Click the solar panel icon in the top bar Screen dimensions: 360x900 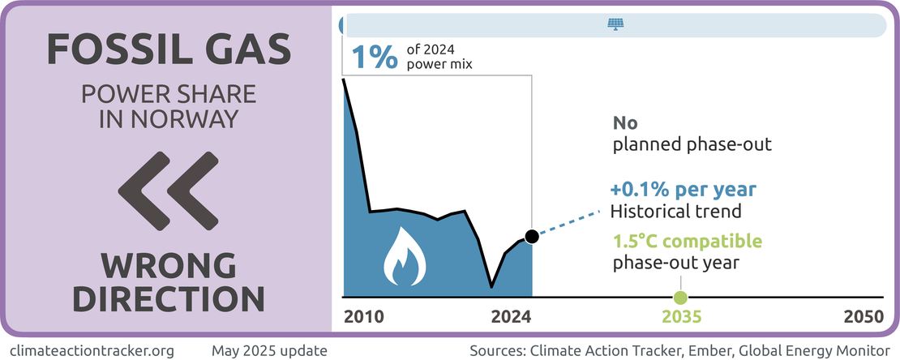pyautogui.click(x=616, y=24)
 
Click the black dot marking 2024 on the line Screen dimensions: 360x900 pyautogui.click(x=531, y=237)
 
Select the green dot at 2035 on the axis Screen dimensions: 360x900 pyautogui.click(x=680, y=297)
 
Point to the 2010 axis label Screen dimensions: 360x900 pyautogui.click(x=364, y=317)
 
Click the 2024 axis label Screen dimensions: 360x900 pyautogui.click(x=512, y=317)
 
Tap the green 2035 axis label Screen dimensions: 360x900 pyautogui.click(x=681, y=317)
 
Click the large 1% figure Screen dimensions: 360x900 pyautogui.click(x=374, y=57)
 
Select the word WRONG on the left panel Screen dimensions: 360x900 pyautogui.click(x=169, y=265)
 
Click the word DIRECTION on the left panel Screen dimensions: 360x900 pyautogui.click(x=169, y=298)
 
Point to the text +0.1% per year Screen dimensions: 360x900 pyautogui.click(x=684, y=190)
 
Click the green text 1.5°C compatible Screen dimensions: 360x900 pyautogui.click(x=687, y=241)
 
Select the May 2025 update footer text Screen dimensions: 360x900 pyautogui.click(x=269, y=351)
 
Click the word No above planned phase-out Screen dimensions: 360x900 pyautogui.click(x=626, y=124)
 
